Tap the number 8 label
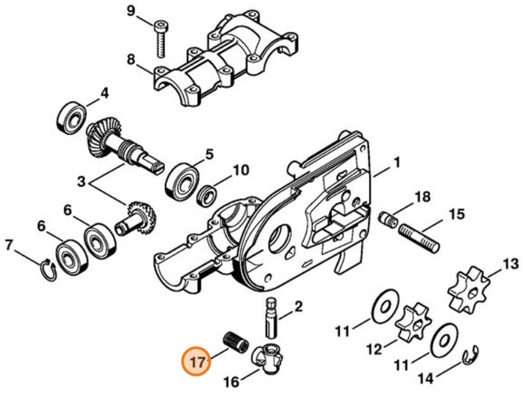[x=131, y=60]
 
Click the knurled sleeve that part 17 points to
[x=235, y=341]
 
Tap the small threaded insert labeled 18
[x=390, y=217]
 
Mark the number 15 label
[x=455, y=213]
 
